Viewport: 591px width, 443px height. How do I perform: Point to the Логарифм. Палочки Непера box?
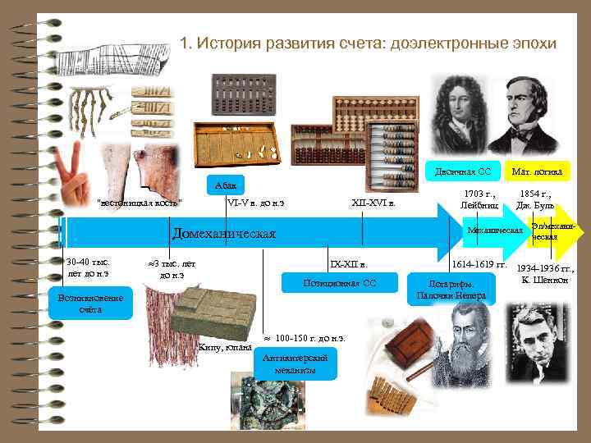pyautogui.click(x=451, y=289)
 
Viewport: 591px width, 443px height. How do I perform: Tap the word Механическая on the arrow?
pyautogui.click(x=495, y=231)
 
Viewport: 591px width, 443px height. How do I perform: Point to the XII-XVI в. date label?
pyautogui.click(x=373, y=203)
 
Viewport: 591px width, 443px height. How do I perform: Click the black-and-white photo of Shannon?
pyautogui.click(x=535, y=342)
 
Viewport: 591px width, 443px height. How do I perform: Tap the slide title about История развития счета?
pyautogui.click(x=368, y=43)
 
